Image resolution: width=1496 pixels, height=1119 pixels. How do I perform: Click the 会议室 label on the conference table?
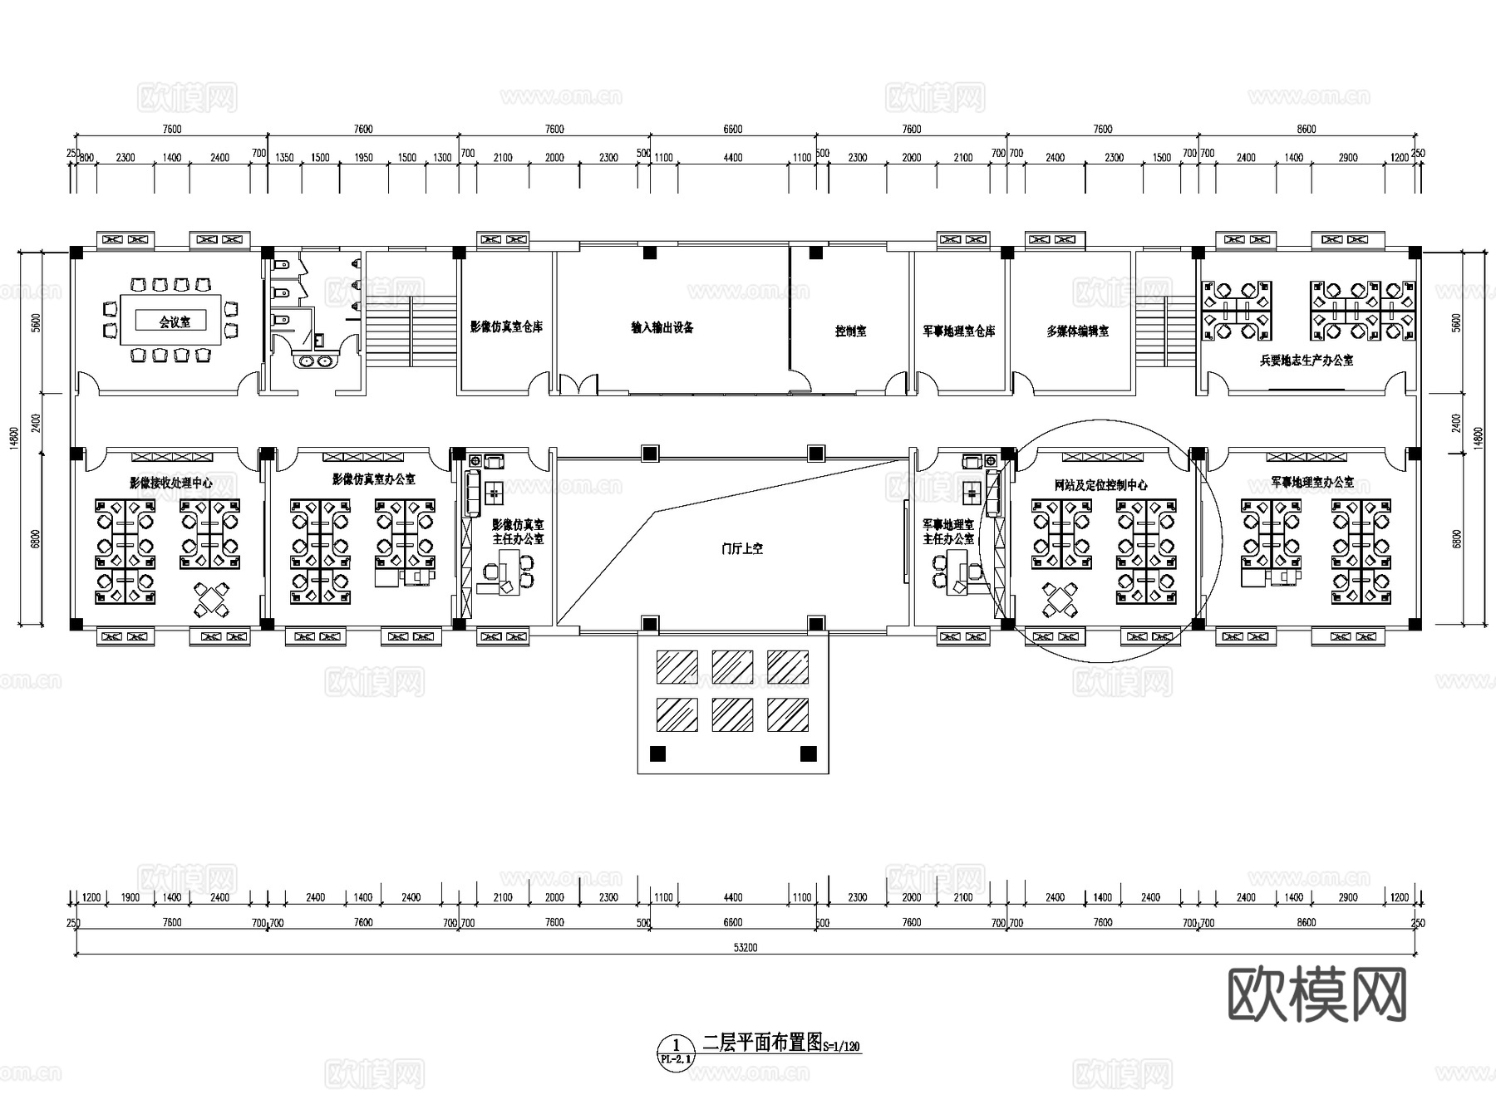pos(175,322)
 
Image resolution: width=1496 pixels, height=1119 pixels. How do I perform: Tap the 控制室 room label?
pos(850,331)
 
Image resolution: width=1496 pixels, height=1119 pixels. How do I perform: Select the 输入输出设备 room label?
pos(662,327)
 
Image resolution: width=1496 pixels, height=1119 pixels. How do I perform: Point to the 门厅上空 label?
pos(741,548)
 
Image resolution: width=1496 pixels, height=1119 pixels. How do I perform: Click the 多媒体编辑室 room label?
pos(1077,331)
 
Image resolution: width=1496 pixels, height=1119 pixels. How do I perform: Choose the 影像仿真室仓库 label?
pos(506,327)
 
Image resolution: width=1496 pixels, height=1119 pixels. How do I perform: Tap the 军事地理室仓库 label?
pos(958,331)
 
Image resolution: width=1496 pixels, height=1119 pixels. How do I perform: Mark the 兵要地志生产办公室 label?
pos(1307,361)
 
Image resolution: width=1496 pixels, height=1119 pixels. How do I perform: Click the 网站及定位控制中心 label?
pos(1100,484)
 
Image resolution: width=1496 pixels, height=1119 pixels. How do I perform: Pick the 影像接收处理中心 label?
pos(170,483)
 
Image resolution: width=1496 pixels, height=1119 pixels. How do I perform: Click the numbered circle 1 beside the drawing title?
pos(676,1044)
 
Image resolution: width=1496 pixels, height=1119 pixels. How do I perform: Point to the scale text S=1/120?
pos(841,1047)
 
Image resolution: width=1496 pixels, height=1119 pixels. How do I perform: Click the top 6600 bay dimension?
pos(732,129)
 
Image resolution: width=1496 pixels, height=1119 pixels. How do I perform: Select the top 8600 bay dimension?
pos(1307,129)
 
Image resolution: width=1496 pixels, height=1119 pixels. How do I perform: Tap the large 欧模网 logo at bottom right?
pos(1316,994)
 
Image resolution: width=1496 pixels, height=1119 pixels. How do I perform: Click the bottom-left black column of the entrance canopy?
pos(657,754)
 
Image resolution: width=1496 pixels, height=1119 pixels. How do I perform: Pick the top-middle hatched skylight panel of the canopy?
pos(732,667)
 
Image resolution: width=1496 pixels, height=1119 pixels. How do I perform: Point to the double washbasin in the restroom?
pos(316,361)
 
